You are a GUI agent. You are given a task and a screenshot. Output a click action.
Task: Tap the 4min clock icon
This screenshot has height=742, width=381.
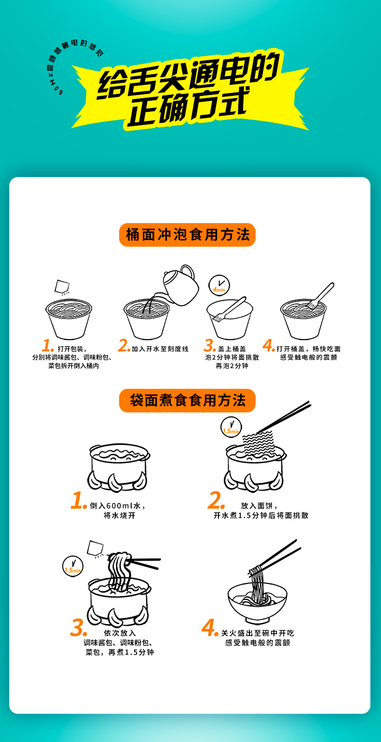(219, 285)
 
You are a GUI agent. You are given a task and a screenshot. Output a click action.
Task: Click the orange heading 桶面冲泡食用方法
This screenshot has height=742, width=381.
(187, 235)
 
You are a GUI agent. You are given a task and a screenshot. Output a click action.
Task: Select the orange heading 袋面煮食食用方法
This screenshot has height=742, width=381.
(187, 400)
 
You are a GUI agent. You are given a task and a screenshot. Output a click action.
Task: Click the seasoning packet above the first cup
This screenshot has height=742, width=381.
(62, 287)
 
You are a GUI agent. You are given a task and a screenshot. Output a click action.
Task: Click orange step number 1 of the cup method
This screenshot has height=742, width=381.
(48, 345)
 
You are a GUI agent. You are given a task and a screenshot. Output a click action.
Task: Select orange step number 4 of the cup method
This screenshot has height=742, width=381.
(269, 345)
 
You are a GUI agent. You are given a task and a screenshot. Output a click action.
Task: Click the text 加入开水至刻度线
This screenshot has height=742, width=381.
(160, 349)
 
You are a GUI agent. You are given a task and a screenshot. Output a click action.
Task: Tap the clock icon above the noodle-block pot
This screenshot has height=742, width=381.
(231, 427)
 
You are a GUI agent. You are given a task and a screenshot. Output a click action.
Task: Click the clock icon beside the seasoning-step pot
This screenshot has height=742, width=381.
(73, 566)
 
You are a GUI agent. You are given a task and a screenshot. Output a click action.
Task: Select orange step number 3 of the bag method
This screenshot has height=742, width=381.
(79, 628)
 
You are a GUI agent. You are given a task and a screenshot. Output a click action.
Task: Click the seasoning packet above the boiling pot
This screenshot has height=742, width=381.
(95, 548)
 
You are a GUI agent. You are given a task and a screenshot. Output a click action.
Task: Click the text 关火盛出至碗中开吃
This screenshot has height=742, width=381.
(258, 633)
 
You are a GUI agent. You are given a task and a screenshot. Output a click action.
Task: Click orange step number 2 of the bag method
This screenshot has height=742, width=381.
(216, 500)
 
